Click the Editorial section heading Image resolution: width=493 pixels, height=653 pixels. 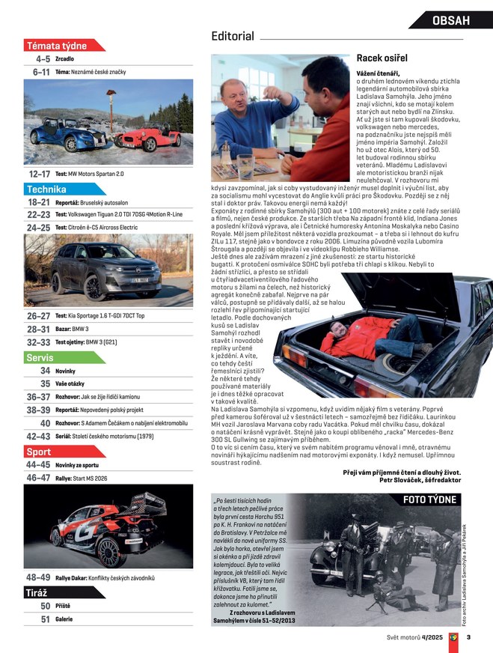233,36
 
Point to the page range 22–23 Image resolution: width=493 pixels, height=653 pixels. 37,215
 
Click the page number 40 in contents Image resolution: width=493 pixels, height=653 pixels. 45,423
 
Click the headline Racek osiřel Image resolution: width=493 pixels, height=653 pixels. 382,57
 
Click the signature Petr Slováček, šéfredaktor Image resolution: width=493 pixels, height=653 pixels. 422,480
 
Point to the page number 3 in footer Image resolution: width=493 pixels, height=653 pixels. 468,637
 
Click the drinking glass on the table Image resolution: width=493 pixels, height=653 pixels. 245,164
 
